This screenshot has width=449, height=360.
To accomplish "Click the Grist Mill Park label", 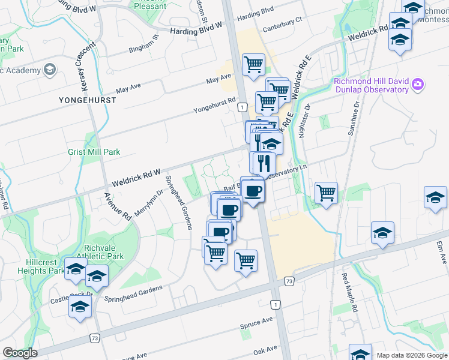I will [94, 152].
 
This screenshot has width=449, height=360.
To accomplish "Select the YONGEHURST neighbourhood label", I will [87, 100].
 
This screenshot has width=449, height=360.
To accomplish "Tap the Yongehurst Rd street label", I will [214, 106].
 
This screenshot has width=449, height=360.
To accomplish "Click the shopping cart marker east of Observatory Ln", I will [326, 193].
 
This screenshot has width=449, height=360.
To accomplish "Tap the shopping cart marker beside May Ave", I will [254, 64].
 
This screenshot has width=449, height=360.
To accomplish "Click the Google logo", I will [20, 353].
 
